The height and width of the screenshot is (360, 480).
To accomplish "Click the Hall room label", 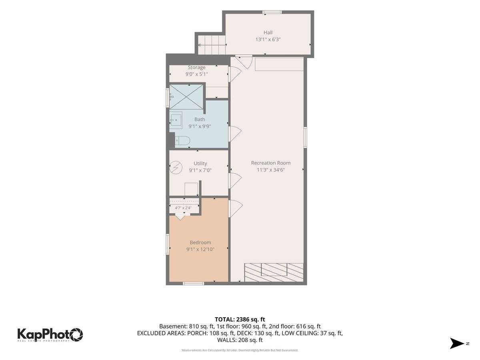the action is (268, 32).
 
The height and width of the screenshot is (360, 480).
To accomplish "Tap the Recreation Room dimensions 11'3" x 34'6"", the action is (271, 170).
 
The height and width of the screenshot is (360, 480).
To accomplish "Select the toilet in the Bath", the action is (182, 141).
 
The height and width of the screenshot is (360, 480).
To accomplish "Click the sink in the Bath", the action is (176, 120).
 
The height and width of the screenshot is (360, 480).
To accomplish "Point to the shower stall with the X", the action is (186, 97).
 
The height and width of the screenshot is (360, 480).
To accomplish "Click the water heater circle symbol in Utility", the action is (176, 168).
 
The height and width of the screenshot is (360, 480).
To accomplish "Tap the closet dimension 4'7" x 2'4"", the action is (183, 208).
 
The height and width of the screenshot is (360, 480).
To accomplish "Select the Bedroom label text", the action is (200, 242).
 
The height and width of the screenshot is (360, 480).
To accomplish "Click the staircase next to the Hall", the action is (212, 45).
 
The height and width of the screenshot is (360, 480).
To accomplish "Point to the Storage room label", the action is (196, 67).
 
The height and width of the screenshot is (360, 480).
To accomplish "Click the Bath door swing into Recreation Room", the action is (235, 134).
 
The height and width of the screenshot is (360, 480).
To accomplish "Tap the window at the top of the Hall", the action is (272, 12).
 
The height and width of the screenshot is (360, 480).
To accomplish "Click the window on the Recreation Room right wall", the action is (305, 137).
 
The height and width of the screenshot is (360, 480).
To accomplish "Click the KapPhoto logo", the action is (50, 335).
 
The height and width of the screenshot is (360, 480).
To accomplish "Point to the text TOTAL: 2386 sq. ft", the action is (240, 319).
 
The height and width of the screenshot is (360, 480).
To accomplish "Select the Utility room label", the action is (200, 164).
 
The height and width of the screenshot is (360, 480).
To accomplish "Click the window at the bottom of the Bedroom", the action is (193, 284).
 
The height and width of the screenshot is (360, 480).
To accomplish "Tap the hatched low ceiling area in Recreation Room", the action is (274, 272).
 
